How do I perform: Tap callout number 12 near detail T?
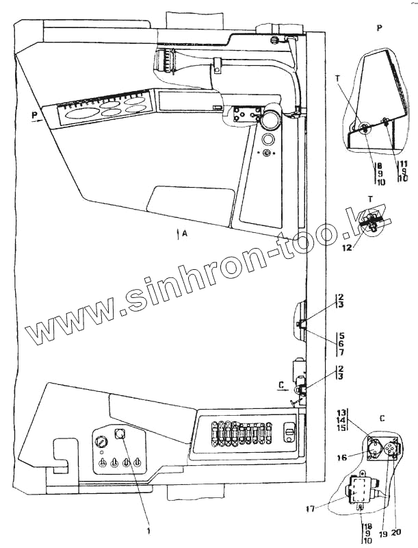[x=349, y=248]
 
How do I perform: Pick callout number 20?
[x=395, y=532]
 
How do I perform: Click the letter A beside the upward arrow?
[x=185, y=234]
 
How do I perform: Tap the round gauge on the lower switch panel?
[x=101, y=443]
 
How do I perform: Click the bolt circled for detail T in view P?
[x=363, y=127]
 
